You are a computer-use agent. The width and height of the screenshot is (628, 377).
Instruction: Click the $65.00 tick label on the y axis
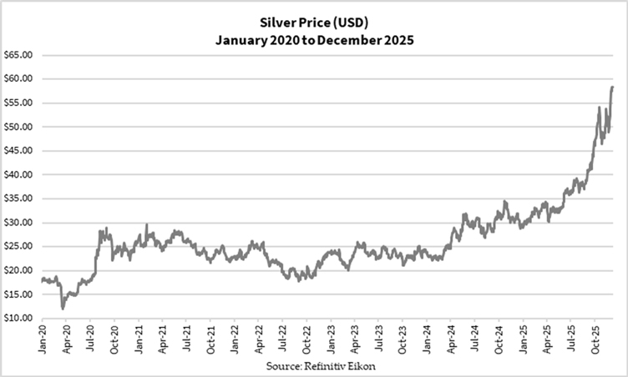point(18,54)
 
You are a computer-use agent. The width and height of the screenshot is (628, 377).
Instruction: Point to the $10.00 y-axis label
point(18,318)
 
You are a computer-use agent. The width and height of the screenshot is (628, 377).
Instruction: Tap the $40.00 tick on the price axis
point(18,174)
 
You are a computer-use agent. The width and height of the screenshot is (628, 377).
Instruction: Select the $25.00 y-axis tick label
point(18,246)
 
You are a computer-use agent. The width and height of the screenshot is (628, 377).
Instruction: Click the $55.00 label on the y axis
point(18,103)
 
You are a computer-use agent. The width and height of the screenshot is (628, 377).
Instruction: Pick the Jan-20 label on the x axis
point(43,342)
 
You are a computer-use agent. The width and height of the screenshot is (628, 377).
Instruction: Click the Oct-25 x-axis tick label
point(594,342)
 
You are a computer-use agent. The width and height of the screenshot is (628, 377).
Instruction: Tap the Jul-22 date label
point(284,342)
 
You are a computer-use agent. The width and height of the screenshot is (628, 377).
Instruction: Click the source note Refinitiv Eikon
point(314,366)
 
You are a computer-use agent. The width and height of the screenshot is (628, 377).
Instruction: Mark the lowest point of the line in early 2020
point(63,309)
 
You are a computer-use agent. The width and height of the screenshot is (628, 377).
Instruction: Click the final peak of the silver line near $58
point(612,87)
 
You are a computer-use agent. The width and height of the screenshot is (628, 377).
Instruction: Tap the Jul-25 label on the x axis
point(570,342)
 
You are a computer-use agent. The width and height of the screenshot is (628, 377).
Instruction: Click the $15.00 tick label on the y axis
point(18,294)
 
